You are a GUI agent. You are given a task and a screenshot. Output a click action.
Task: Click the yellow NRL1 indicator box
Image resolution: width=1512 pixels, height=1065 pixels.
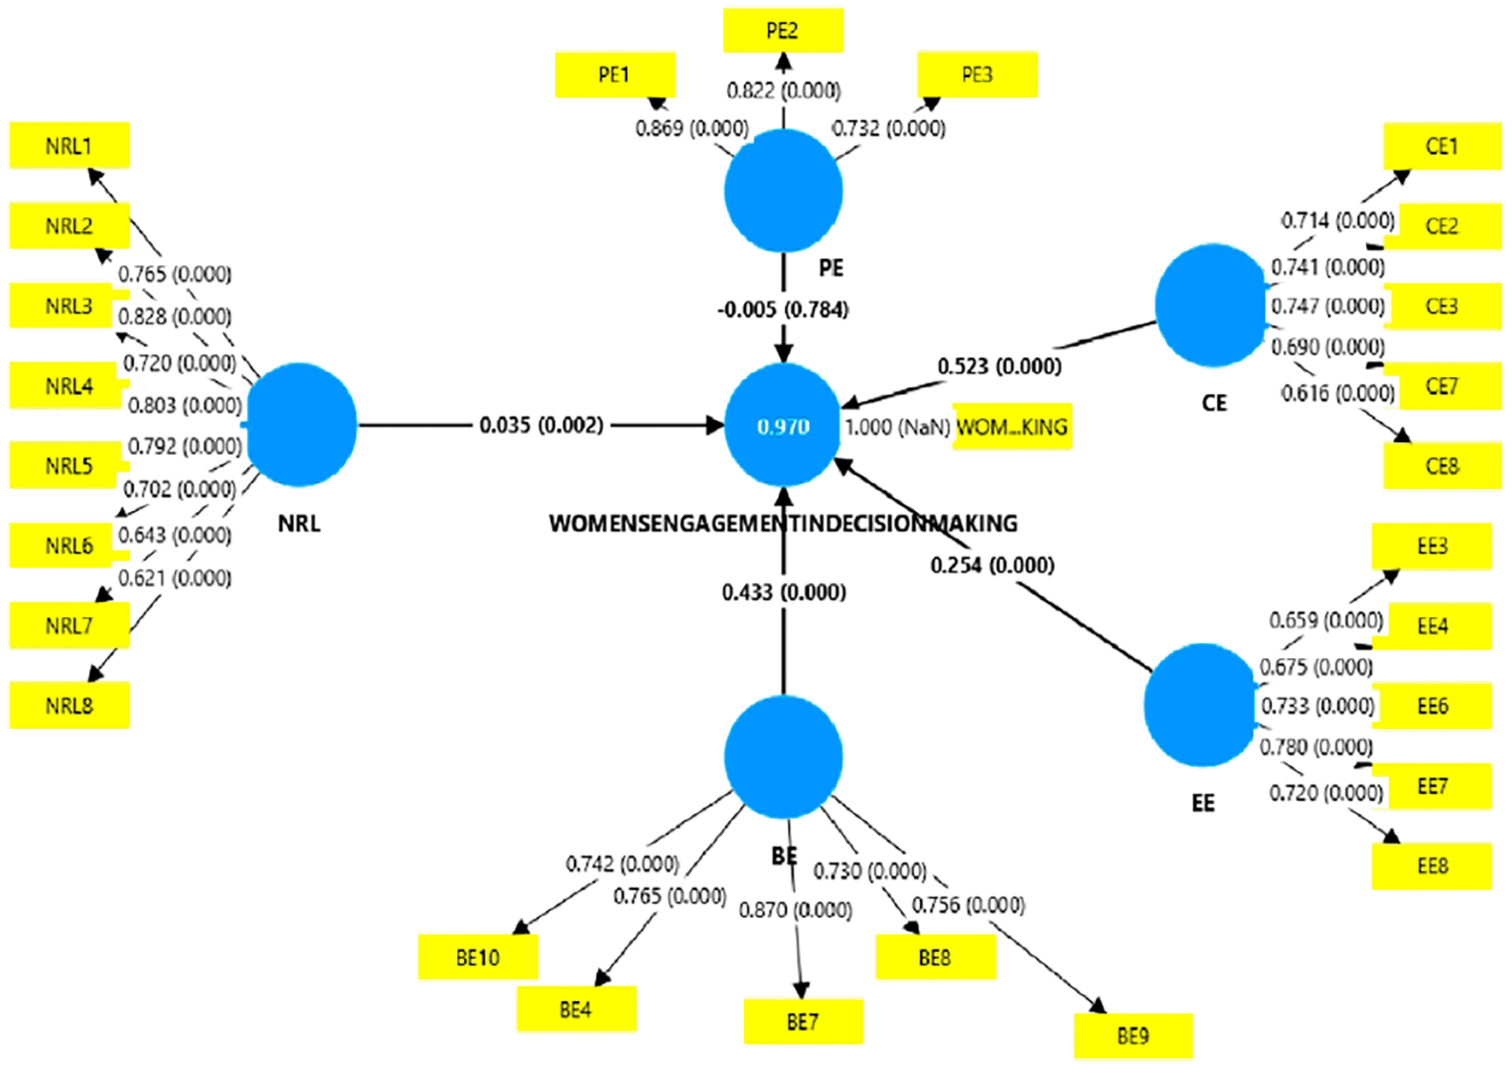point(69,145)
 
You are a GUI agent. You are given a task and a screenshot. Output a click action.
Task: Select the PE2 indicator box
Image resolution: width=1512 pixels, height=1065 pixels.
point(782,31)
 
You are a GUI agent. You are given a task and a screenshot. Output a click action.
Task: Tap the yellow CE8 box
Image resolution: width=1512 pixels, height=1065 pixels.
point(1442,466)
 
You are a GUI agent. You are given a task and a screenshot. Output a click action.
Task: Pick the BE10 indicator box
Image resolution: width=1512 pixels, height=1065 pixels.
point(478,957)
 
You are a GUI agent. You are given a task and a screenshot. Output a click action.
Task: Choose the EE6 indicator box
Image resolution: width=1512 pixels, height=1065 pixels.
point(1432,706)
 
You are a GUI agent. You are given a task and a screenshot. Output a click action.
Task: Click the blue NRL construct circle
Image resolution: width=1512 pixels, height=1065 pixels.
point(301,425)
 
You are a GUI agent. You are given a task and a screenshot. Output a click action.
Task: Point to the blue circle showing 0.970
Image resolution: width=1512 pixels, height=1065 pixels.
point(782,426)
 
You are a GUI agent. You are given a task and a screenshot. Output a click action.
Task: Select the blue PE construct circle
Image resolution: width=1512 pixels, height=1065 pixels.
point(782,191)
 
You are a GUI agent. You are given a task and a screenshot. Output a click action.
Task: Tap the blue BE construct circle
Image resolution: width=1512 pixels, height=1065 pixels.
point(782,757)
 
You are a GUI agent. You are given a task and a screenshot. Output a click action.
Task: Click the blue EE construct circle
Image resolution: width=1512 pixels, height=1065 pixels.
point(1200,705)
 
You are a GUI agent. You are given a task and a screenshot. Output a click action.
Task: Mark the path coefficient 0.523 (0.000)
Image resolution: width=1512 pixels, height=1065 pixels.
point(999,367)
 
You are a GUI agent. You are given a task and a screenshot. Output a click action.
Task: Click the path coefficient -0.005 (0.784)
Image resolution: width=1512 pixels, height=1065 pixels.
point(782,309)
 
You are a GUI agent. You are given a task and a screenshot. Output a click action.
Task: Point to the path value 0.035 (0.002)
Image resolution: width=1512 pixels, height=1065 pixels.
point(541,425)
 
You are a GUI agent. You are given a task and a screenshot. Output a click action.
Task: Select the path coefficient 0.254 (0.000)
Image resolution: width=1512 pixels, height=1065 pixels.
point(992,565)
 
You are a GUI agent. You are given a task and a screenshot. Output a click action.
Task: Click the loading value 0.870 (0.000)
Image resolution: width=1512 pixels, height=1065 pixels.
point(795,910)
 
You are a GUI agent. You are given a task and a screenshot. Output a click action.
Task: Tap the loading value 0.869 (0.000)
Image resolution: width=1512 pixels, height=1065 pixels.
point(692,128)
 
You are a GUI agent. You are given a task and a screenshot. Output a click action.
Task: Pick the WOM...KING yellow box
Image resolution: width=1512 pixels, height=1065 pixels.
point(1011,427)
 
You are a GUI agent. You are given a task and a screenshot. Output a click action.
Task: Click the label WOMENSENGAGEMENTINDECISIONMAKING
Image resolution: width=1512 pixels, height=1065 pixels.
point(782,523)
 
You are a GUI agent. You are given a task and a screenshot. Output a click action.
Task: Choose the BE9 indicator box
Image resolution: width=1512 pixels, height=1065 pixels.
point(1133,1036)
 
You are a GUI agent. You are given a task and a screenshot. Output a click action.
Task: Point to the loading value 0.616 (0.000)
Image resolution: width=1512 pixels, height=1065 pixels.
point(1337,393)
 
